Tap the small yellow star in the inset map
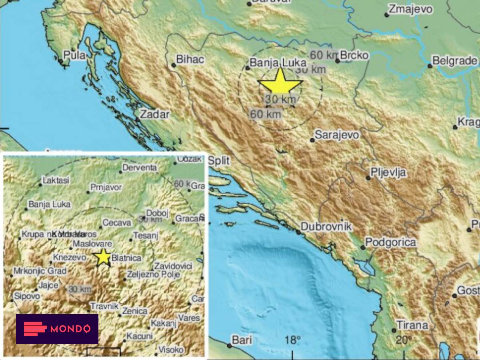[x=103, y=257]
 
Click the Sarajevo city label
[x=337, y=135]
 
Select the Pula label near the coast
[x=74, y=55]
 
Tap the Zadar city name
[x=155, y=114]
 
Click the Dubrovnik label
[x=326, y=227]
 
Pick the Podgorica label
[x=390, y=242]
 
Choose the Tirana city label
[x=412, y=325]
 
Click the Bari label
[x=242, y=340]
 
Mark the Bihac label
[x=190, y=60]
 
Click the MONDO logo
[x=57, y=329]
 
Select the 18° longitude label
[x=293, y=340]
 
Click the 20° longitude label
[x=404, y=340]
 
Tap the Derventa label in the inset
[x=140, y=168]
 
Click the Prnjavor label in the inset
[x=106, y=187]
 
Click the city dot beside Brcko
[x=338, y=61]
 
